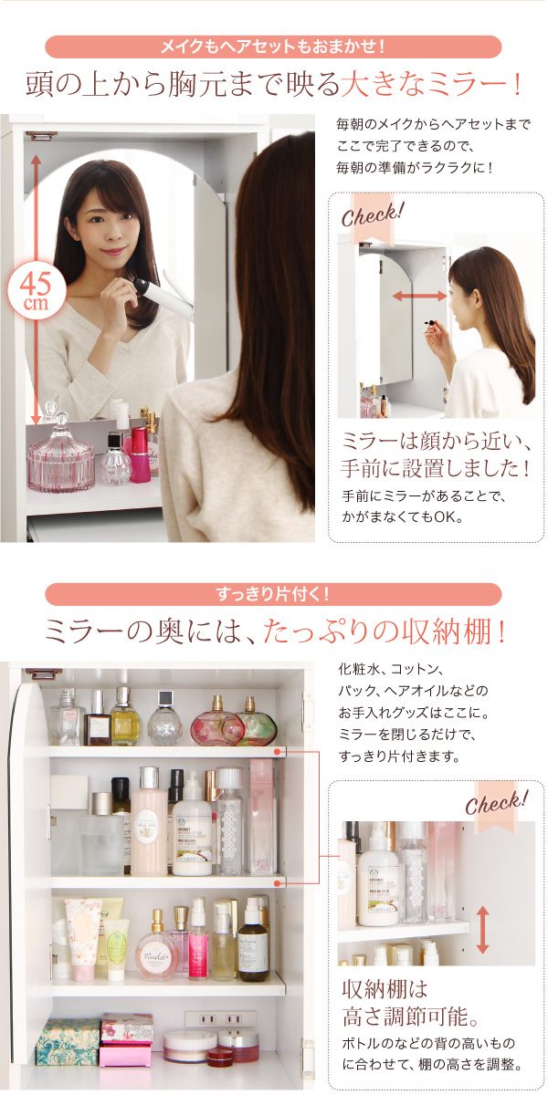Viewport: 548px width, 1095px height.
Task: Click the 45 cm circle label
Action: (x=37, y=290)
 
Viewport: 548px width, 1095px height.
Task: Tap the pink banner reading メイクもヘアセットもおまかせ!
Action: (x=273, y=47)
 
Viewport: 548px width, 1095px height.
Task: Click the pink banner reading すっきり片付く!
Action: (x=273, y=594)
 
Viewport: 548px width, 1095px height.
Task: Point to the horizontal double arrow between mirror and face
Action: (x=420, y=296)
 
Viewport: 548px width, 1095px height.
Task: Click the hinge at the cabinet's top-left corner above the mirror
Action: (x=41, y=135)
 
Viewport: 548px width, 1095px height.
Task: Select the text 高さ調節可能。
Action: (x=410, y=1017)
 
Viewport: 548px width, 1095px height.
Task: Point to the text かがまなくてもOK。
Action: (x=402, y=516)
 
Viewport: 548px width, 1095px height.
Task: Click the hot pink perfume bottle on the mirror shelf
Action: (x=140, y=454)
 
